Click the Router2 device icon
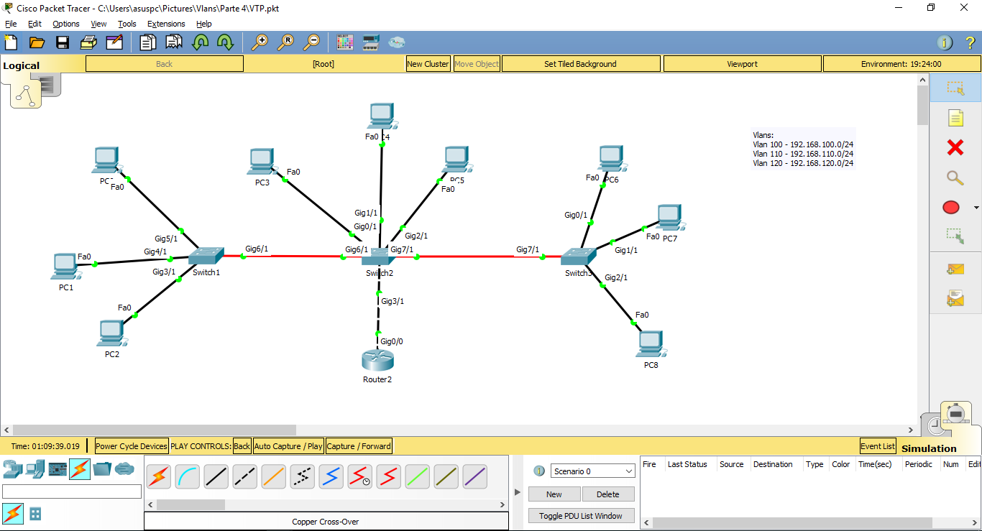(377, 359)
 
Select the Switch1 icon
(206, 255)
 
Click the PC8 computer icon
(650, 344)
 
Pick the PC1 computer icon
(65, 267)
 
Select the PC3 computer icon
(261, 162)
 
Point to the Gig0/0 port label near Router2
(392, 341)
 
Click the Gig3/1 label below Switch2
(393, 301)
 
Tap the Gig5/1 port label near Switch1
(166, 239)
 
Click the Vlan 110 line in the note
(803, 154)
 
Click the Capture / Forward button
(359, 446)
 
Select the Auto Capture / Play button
(288, 446)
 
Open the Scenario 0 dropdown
(593, 471)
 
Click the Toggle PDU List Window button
(581, 516)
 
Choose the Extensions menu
(166, 24)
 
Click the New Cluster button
(428, 64)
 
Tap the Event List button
(878, 446)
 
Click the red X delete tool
(955, 148)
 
